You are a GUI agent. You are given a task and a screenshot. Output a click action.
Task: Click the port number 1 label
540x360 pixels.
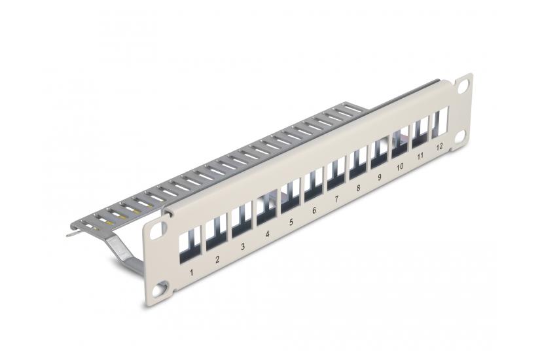point(190,271)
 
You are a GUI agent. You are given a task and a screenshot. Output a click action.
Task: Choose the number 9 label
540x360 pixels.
point(379,177)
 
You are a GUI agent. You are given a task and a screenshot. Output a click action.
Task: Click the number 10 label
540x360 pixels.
point(400,167)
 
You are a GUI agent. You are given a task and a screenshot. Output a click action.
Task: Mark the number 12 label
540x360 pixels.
point(439,147)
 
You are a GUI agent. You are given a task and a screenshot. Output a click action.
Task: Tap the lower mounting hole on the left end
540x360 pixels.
point(163,284)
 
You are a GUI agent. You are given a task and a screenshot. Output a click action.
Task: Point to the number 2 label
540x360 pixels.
point(217,259)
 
